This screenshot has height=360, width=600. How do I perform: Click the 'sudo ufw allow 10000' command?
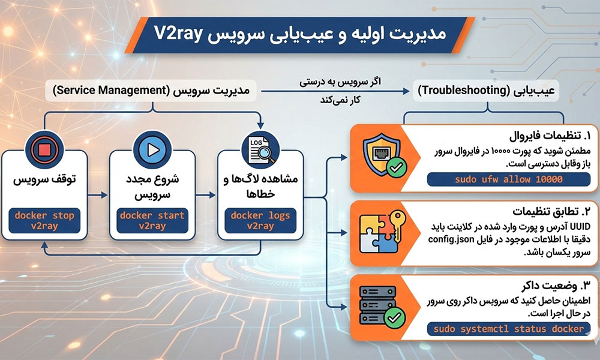508,179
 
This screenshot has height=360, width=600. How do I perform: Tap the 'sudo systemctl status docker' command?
509,329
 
